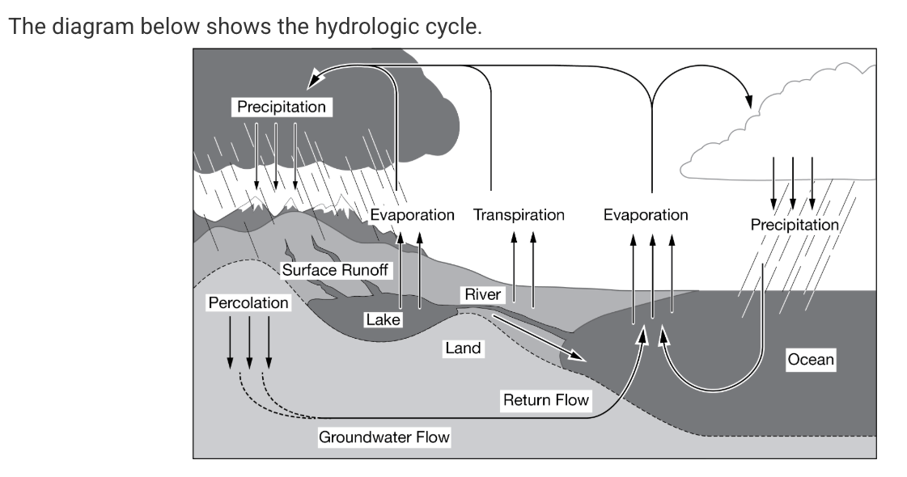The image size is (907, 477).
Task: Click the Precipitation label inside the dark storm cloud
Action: click(281, 107)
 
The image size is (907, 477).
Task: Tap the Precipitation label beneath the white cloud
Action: click(794, 225)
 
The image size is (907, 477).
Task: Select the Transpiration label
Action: click(519, 215)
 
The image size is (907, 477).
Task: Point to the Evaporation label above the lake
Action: click(412, 215)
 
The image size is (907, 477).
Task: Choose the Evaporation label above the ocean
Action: click(645, 215)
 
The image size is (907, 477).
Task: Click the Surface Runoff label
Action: click(335, 270)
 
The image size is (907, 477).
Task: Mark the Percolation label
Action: click(248, 302)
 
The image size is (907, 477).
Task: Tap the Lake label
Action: click(383, 320)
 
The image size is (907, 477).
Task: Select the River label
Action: click(483, 295)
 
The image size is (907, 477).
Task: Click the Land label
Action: click(463, 348)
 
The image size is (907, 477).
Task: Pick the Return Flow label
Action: click(545, 400)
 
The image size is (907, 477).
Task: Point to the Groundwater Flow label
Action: click(384, 437)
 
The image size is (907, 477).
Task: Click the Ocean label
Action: click(810, 359)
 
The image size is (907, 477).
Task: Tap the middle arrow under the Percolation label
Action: click(248, 340)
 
